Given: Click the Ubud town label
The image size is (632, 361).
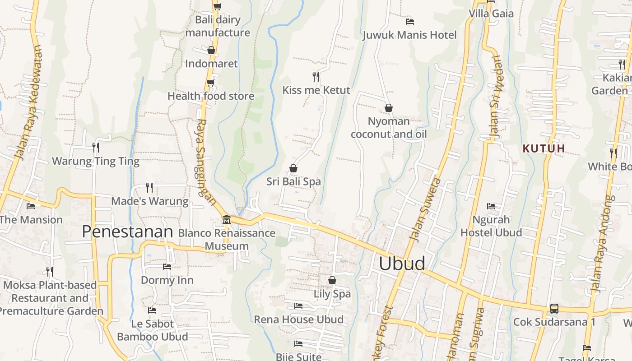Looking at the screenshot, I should tap(402, 264).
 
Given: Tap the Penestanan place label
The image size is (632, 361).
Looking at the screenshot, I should tap(127, 231).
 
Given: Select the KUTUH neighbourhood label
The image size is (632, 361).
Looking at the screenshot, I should tap(544, 148).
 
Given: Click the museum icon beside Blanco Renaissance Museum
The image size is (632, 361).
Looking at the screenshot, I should tap(227, 220).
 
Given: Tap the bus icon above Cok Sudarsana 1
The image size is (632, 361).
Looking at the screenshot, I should tap(554, 309).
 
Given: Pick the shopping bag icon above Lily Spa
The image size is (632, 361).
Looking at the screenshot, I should tap(332, 280).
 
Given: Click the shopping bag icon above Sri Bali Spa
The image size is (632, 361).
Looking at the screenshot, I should tap(293, 168).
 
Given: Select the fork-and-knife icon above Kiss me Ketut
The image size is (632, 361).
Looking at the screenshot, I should tap(316, 76).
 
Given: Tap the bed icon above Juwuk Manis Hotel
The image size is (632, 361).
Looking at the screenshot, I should tap(410, 21).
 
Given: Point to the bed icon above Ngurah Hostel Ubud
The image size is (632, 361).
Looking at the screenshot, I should tap(491, 206).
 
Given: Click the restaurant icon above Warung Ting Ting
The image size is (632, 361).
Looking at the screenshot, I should tap(96, 147).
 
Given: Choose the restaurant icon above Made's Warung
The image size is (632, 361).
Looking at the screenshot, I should tap(149, 187).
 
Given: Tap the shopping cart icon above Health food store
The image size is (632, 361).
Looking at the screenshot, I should tap(210, 83).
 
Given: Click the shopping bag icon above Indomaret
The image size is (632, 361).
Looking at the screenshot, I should tap(211, 50).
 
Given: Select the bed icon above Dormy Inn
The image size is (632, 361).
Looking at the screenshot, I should tap(167, 266).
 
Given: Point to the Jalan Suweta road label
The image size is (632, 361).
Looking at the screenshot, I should tap(424, 209).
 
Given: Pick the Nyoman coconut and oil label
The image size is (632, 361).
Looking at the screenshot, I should tap(389, 128).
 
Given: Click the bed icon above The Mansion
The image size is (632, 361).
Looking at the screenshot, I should tap(31, 206).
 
